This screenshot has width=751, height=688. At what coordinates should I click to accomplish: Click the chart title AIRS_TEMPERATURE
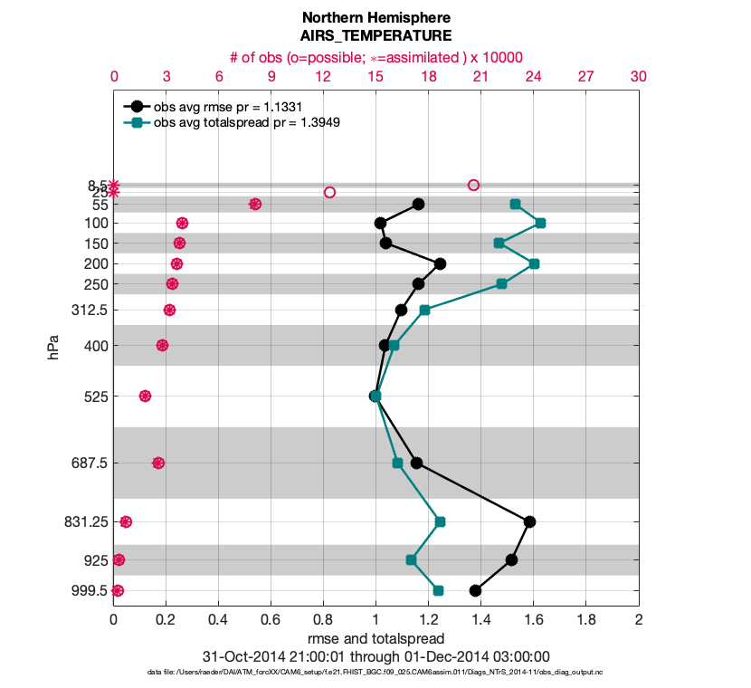[375, 36]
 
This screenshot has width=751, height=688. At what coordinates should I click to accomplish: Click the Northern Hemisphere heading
[375, 18]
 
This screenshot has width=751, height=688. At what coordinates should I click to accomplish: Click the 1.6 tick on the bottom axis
[534, 620]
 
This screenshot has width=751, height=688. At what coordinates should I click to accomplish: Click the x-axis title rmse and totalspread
[375, 638]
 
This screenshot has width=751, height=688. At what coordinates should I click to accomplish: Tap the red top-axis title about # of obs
[375, 57]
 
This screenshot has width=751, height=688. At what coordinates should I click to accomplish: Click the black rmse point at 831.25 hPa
[529, 521]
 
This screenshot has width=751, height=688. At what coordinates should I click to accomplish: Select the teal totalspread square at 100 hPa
[540, 223]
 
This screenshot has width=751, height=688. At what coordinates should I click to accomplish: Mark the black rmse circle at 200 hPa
[440, 263]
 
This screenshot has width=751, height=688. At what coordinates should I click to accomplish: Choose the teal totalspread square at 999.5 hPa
[438, 590]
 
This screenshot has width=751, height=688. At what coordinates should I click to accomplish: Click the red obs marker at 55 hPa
[255, 205]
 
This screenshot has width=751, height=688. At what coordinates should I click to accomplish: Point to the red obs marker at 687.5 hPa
[158, 463]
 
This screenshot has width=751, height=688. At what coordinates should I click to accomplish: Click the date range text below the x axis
[375, 656]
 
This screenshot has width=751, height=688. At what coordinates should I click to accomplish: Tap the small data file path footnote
[375, 673]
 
